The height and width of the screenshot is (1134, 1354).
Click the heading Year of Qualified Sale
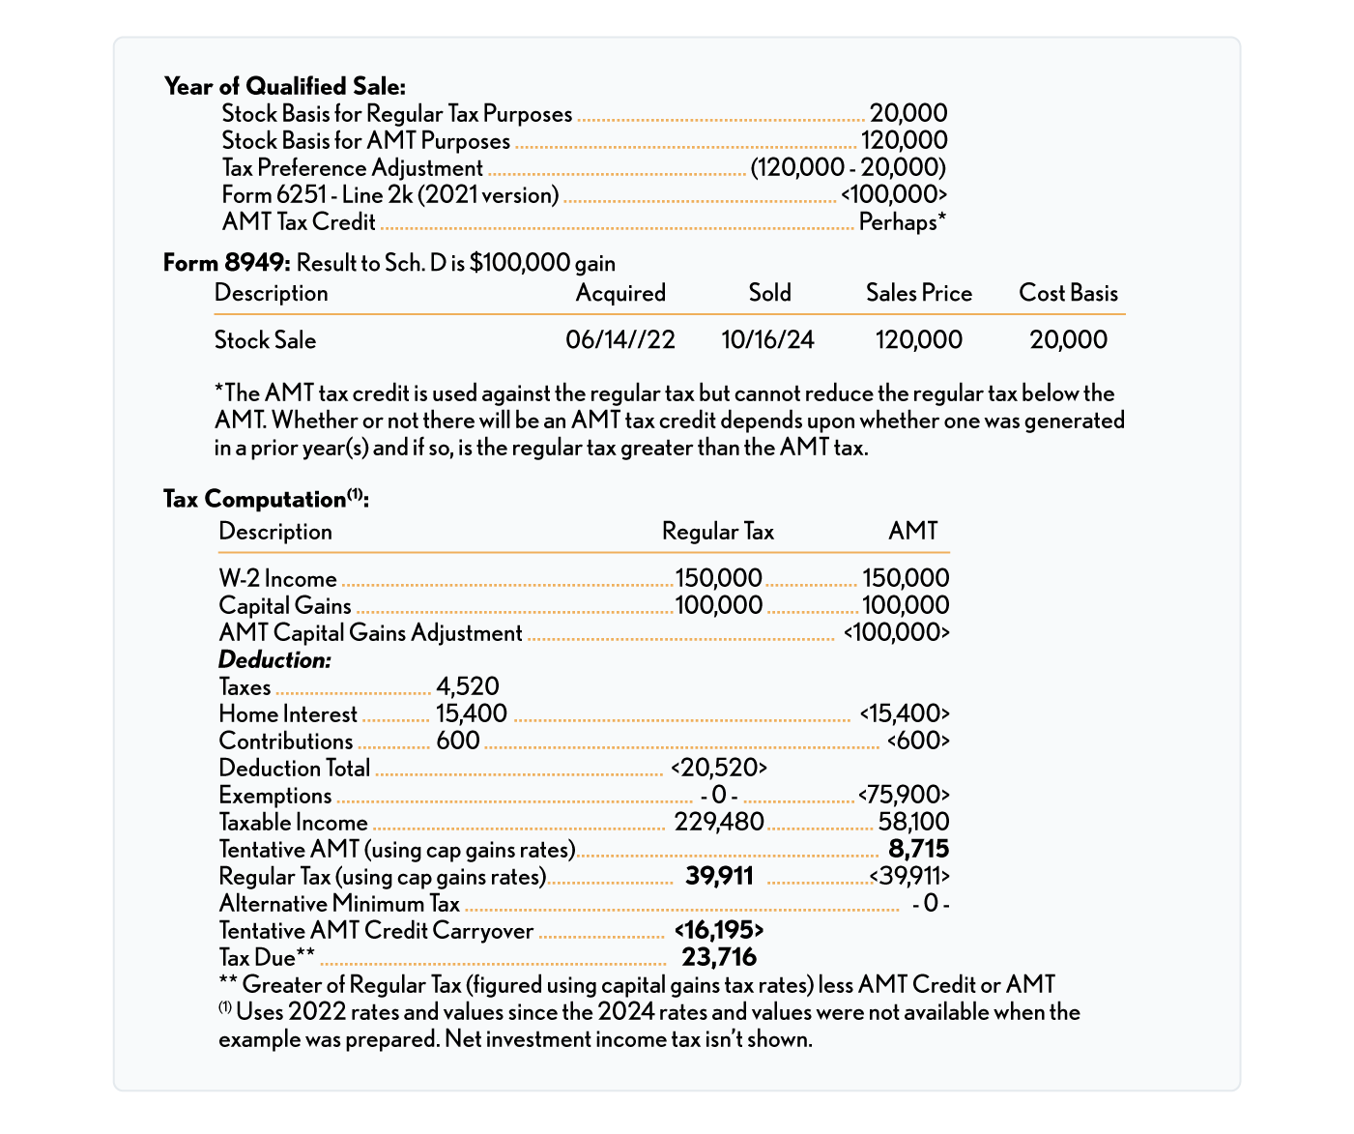(x=285, y=86)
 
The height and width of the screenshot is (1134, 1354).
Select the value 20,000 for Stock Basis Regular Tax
(x=907, y=114)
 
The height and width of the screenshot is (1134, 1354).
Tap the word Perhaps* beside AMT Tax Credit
(x=902, y=222)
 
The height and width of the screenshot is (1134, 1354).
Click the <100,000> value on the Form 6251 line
(x=893, y=195)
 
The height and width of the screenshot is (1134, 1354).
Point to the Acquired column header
(x=620, y=293)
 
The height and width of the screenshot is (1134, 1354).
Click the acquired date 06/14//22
(x=620, y=340)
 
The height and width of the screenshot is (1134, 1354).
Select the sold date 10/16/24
(x=767, y=340)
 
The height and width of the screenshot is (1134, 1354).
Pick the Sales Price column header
(x=918, y=293)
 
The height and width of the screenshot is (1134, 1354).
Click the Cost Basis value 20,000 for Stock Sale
(x=1068, y=340)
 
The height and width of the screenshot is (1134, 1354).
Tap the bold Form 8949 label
(x=226, y=263)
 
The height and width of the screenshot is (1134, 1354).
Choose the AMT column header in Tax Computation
(x=912, y=531)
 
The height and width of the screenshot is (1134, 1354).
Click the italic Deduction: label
(x=274, y=660)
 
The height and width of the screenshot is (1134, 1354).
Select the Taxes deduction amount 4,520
(x=468, y=687)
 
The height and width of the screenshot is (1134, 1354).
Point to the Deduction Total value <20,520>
(x=718, y=769)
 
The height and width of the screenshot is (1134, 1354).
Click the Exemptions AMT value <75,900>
(x=904, y=796)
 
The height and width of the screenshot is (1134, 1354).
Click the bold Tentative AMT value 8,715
(x=918, y=850)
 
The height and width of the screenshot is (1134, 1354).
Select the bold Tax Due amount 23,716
(x=719, y=958)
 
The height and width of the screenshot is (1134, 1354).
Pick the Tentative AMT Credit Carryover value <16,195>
(x=719, y=931)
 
